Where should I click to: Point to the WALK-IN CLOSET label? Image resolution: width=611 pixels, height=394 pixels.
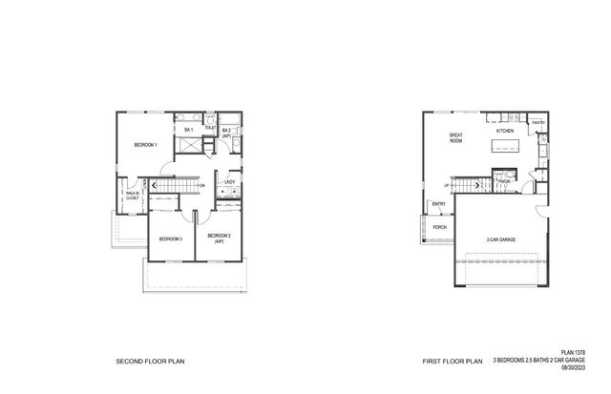(132, 197)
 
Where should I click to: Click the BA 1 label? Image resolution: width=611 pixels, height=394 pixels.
(189, 130)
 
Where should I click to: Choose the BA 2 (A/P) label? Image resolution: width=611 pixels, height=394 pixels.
(227, 134)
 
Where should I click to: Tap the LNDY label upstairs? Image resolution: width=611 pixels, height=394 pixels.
(229, 182)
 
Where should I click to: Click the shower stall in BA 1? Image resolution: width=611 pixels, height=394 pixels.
(189, 147)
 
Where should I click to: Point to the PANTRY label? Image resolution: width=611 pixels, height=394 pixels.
(537, 122)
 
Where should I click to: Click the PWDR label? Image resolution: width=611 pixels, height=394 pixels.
(503, 179)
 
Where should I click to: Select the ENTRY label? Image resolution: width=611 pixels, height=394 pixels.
(438, 203)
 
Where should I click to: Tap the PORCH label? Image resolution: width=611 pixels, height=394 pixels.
(440, 227)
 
